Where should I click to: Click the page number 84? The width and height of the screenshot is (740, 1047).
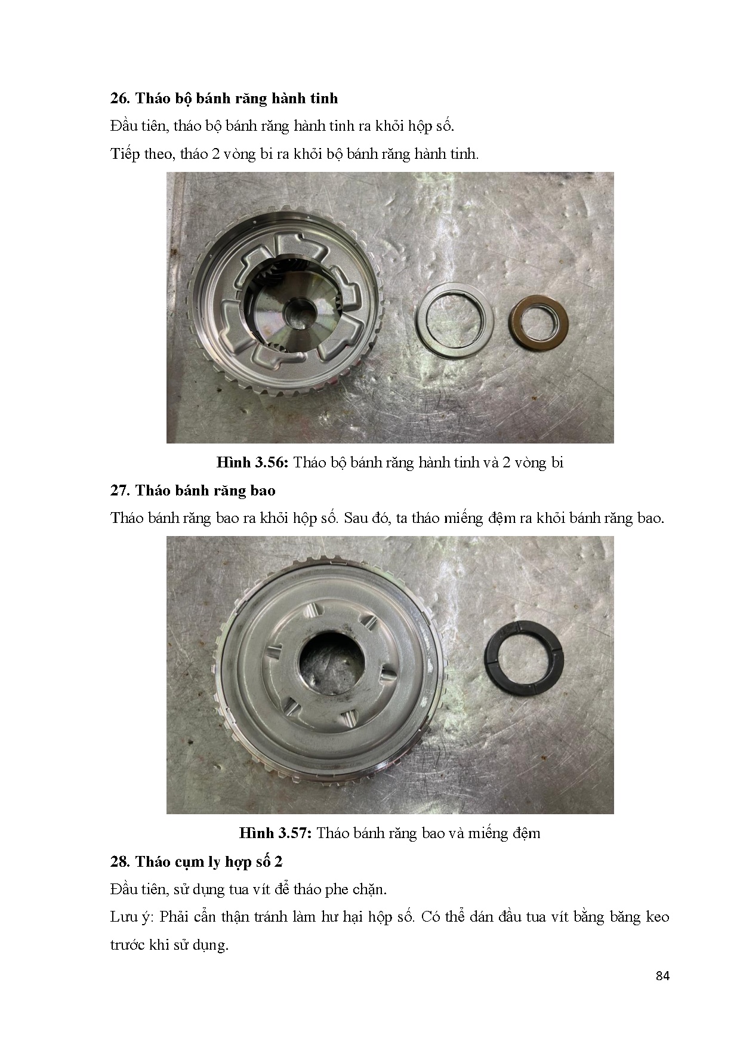pyautogui.click(x=662, y=976)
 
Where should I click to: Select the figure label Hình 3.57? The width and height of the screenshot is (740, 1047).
pyautogui.click(x=276, y=833)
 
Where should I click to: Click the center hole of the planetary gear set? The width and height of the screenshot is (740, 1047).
pyautogui.click(x=299, y=310)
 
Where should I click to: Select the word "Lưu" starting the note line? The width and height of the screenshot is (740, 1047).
pyautogui.click(x=124, y=917)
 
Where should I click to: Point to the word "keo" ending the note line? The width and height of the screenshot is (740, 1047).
pyautogui.click(x=658, y=917)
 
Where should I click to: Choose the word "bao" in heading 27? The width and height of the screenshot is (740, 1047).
pyautogui.click(x=264, y=491)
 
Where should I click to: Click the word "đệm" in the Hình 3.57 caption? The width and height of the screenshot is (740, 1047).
pyautogui.click(x=526, y=833)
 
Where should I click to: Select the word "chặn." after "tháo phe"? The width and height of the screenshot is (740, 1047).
pyautogui.click(x=369, y=889)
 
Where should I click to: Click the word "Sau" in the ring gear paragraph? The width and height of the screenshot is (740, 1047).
pyautogui.click(x=357, y=518)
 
